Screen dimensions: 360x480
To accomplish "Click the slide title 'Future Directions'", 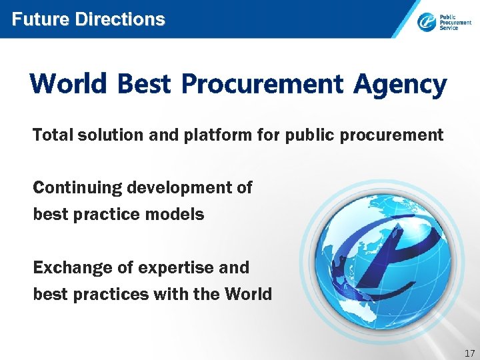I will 88,19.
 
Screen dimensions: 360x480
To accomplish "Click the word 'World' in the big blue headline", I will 68,85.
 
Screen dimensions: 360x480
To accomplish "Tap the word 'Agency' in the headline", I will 400,85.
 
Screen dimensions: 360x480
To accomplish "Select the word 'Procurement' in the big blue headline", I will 262,85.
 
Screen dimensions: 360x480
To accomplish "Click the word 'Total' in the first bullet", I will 53,135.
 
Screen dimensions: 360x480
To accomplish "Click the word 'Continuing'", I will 77,189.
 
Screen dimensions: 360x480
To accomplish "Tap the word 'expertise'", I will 176,269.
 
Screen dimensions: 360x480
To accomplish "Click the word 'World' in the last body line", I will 248,294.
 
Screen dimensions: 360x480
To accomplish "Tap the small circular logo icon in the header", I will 427,23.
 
